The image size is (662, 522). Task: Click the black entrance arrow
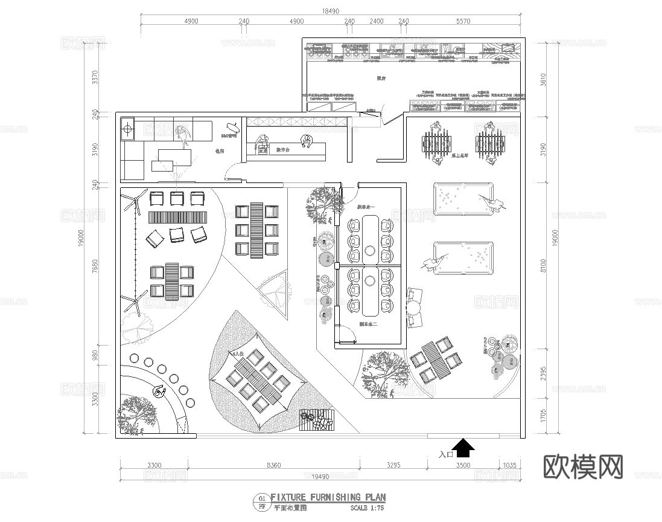coord(463,448)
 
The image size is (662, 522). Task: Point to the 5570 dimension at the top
coord(463,21)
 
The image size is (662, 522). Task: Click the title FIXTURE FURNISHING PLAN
coord(328,497)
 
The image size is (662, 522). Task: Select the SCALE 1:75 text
coord(367,508)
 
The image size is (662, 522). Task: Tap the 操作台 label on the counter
coord(284,150)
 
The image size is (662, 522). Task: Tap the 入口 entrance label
coord(447,455)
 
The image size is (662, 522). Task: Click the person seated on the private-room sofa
coord(182,135)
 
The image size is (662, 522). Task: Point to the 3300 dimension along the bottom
coord(154,465)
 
